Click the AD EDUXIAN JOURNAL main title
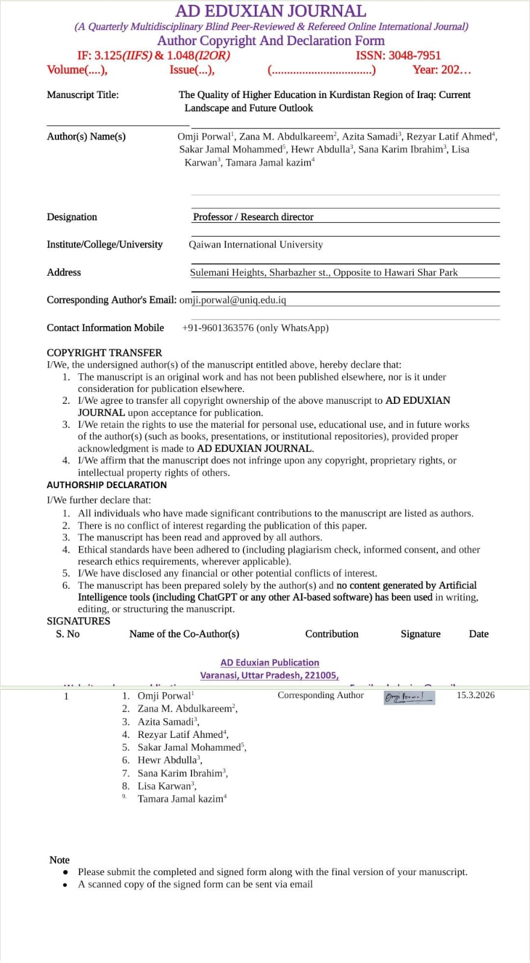click(270, 11)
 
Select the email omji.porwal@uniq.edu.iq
click(232, 300)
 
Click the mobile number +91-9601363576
click(219, 328)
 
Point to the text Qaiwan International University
click(255, 244)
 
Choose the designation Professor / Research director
click(253, 217)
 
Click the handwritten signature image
click(409, 698)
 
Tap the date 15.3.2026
click(475, 695)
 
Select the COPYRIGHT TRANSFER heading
click(104, 353)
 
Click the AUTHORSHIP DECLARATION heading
click(107, 485)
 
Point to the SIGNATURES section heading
click(78, 621)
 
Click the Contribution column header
click(331, 634)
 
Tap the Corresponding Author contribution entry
click(320, 695)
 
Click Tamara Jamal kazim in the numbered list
click(181, 799)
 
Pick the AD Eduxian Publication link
click(270, 663)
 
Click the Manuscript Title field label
click(83, 94)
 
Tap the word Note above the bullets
click(59, 860)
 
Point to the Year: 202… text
click(441, 70)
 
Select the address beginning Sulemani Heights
click(323, 273)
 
